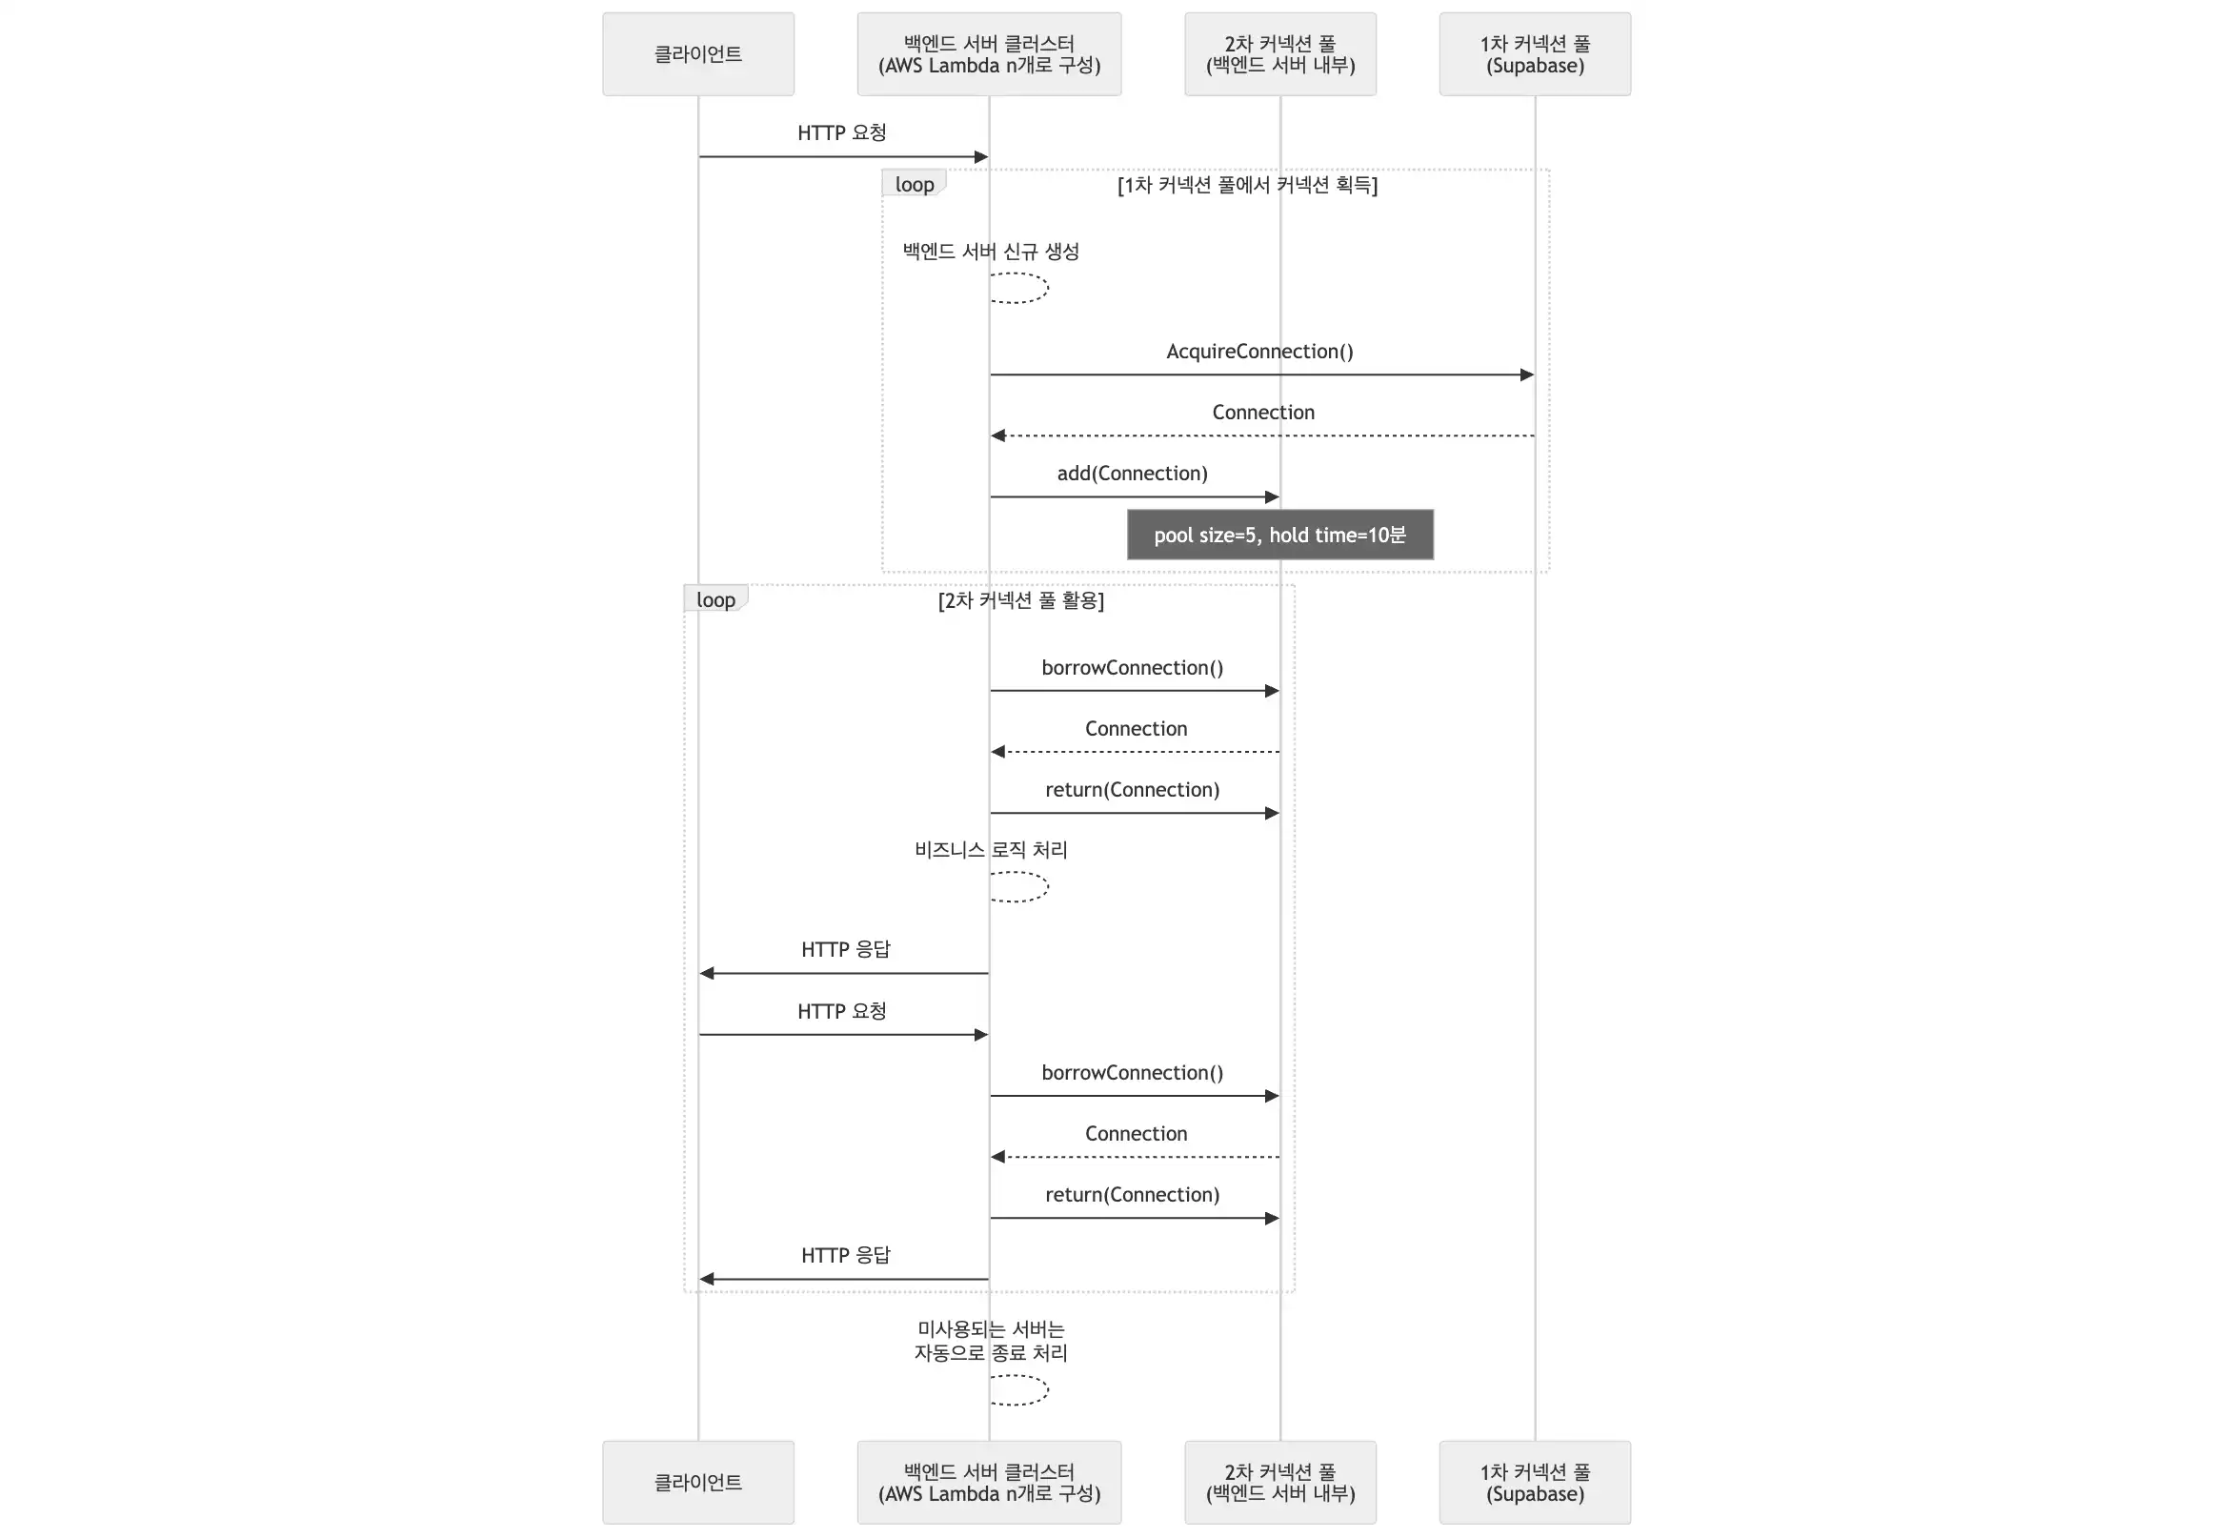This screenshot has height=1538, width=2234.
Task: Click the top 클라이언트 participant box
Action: [x=698, y=54]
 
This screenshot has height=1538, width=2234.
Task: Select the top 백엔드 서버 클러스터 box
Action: [x=990, y=54]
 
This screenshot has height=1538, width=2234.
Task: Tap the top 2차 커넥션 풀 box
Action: [x=1280, y=54]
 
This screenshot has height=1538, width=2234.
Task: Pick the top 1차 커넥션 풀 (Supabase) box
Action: [x=1536, y=54]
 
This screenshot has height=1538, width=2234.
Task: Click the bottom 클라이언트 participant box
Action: [x=698, y=1482]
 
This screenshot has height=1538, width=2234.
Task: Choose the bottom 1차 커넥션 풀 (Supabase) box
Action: [x=1536, y=1482]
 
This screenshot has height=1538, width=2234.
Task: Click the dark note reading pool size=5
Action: [x=1280, y=535]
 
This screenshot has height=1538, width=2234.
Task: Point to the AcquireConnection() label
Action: [x=1260, y=352]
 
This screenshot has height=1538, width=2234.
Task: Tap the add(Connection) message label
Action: [x=1133, y=474]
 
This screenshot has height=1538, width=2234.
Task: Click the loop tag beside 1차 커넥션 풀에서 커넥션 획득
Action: [x=915, y=184]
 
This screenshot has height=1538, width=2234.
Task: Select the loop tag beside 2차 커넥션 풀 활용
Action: [x=715, y=599]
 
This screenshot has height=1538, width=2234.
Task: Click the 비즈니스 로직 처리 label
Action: [x=992, y=850]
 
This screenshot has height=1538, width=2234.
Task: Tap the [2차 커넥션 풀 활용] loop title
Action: [x=1021, y=600]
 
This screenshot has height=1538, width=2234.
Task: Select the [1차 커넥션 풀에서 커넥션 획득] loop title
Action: [x=1248, y=185]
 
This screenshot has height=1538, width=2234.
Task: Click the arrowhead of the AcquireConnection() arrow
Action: [x=1527, y=374]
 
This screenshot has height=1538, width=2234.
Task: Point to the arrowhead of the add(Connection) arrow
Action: [x=1272, y=497]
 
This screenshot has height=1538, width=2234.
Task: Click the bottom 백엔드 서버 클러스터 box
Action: [x=990, y=1482]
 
